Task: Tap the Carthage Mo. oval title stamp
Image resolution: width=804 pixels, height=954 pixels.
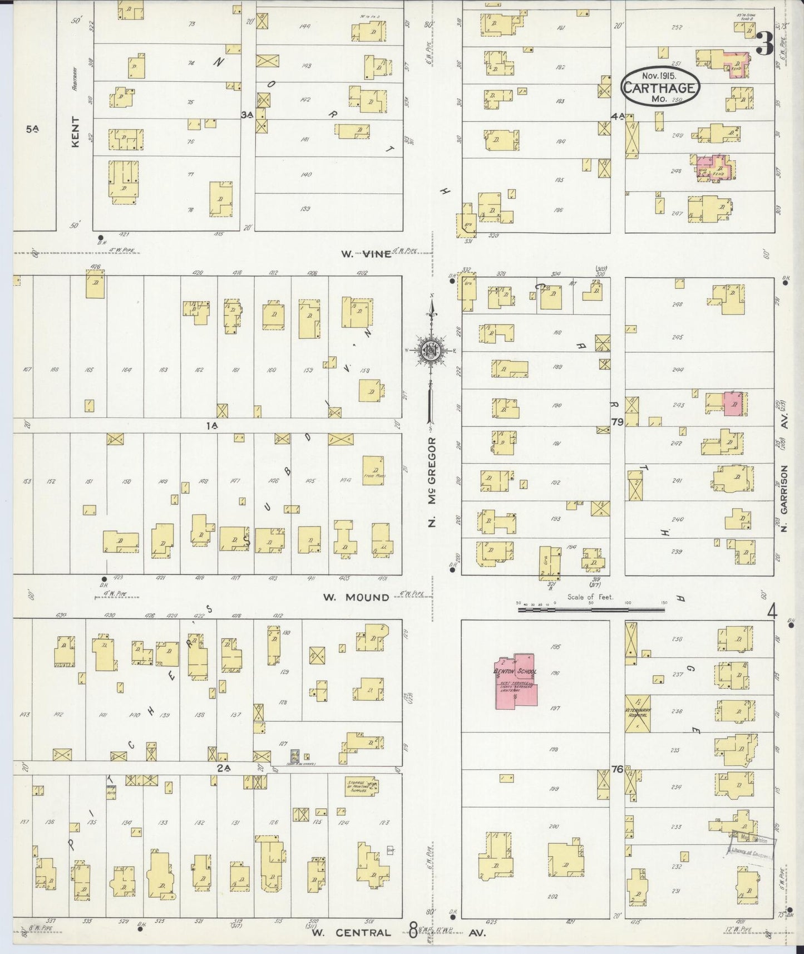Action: (x=660, y=86)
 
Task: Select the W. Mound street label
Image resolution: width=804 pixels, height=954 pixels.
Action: (x=357, y=597)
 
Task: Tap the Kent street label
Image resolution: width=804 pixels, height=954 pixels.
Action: (x=76, y=131)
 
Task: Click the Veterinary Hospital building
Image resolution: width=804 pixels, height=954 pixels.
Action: (x=637, y=714)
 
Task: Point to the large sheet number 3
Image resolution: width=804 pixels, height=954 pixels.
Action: (x=766, y=43)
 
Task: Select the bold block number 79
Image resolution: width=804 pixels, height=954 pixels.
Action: (x=616, y=422)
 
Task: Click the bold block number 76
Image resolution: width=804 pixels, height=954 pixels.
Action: (x=616, y=769)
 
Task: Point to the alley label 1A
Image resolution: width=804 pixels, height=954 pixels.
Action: (x=211, y=425)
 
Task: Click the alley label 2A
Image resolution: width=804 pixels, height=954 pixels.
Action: (x=223, y=769)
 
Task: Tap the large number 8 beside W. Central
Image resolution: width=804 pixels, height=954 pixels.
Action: (x=413, y=931)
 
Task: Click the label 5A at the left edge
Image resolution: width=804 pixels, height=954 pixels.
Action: (x=32, y=129)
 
